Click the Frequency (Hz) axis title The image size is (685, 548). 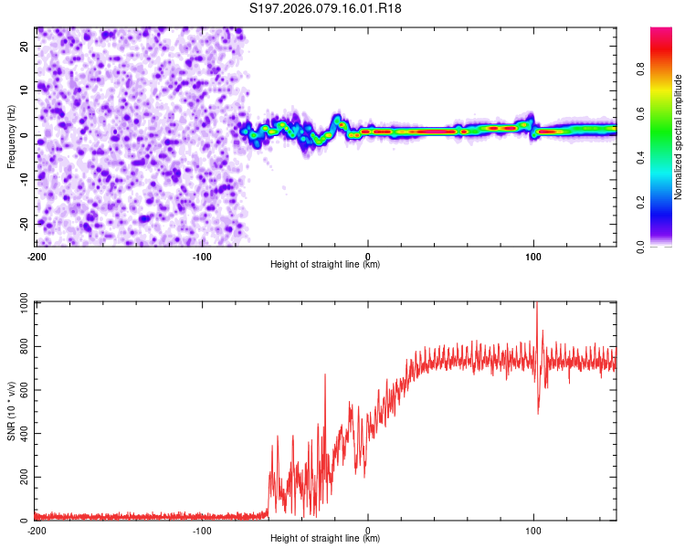[x=11, y=135]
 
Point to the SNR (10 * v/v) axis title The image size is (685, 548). [x=11, y=410]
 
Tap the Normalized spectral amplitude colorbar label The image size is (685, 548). [x=678, y=137]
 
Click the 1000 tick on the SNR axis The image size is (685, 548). [x=18, y=302]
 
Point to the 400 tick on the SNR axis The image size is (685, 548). [x=21, y=434]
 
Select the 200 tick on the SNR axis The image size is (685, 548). [x=21, y=478]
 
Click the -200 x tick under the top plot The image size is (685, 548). [x=37, y=256]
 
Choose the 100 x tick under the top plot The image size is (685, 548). [x=533, y=256]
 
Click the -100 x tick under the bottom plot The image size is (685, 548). [x=202, y=530]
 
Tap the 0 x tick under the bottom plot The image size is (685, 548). [x=368, y=530]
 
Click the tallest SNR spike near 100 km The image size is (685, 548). [x=537, y=305]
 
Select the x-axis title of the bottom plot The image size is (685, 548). [x=325, y=539]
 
